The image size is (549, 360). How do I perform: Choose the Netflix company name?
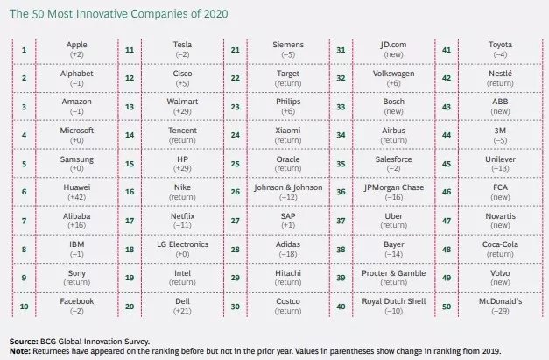point(183,214)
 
